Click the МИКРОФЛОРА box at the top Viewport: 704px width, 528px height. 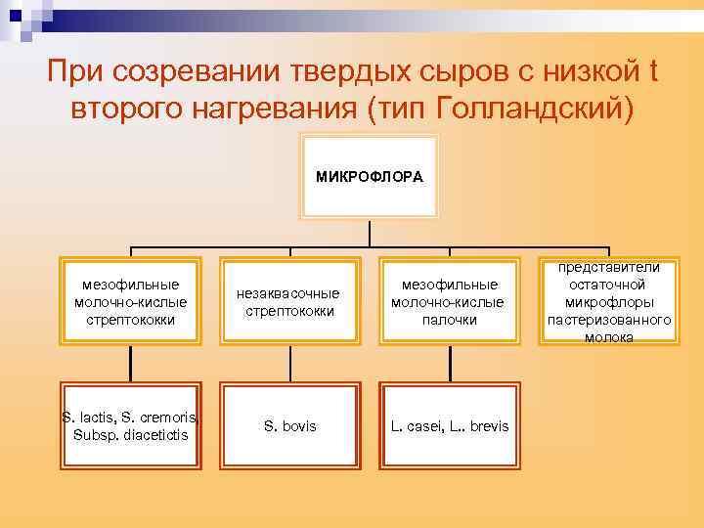click(x=370, y=177)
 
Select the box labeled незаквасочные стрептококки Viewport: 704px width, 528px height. click(x=289, y=302)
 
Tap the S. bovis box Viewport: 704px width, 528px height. click(x=289, y=426)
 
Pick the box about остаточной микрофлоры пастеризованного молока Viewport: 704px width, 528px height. click(x=608, y=302)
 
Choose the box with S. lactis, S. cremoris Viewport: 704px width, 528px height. click(x=130, y=426)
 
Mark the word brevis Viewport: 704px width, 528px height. click(x=488, y=426)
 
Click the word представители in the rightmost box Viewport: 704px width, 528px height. click(x=608, y=267)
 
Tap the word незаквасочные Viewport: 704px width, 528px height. click(x=289, y=293)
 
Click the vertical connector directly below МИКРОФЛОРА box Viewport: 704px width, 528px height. click(x=370, y=233)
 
